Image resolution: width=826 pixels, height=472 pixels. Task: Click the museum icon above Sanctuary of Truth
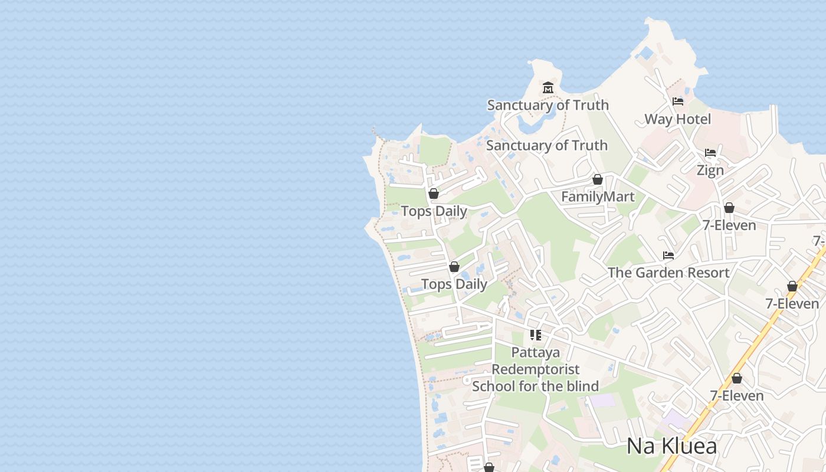(548, 88)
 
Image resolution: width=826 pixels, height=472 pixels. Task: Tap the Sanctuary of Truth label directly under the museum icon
(548, 105)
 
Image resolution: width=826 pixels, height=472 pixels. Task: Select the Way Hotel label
(677, 119)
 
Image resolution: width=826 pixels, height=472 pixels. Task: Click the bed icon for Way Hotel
(677, 101)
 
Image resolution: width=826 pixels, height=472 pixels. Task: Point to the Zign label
(710, 171)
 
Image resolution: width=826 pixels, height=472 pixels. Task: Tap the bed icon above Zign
(710, 153)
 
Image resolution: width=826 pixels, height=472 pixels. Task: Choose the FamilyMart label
(598, 196)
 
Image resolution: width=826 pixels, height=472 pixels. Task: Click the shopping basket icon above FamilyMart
(598, 179)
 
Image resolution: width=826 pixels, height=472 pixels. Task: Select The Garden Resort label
(668, 273)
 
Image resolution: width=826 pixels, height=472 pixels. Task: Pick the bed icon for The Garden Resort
(668, 255)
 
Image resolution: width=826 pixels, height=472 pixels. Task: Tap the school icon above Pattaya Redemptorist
(536, 335)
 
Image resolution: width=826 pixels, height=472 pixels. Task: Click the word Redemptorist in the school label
(536, 369)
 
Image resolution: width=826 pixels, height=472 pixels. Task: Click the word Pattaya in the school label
(536, 352)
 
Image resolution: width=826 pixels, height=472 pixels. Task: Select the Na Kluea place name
(671, 446)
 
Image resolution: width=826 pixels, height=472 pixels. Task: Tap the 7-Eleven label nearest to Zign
(729, 225)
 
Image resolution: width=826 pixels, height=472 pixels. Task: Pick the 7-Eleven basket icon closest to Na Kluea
(737, 378)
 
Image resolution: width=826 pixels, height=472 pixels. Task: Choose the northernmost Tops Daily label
(434, 211)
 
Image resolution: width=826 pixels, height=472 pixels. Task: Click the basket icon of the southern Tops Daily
(454, 267)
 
